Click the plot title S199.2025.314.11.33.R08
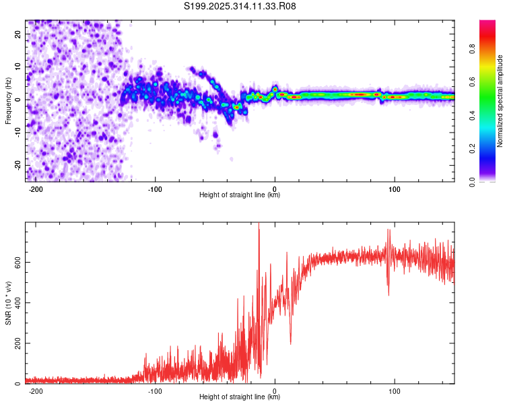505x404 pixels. coord(240,6)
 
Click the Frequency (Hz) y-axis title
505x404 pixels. coord(8,101)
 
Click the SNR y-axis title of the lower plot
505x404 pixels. coord(8,303)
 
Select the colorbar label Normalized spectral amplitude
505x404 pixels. coord(500,101)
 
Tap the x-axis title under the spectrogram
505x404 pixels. coord(240,195)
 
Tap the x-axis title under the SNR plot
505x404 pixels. coord(240,397)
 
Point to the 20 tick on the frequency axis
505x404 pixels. coord(18,34)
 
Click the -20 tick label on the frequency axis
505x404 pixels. coord(18,166)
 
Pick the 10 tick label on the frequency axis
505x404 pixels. coord(18,67)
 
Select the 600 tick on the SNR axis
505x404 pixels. coord(18,262)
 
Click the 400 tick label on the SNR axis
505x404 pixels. coord(18,303)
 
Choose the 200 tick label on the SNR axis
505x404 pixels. coord(18,343)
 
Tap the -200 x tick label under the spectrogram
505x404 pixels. coord(36,189)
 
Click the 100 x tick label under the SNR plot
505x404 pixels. coord(394,391)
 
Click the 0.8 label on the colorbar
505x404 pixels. coord(472,49)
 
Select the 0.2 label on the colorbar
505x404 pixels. coord(472,149)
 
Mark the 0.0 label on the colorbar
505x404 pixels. coord(472,182)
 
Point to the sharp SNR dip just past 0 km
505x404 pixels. coord(290,343)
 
